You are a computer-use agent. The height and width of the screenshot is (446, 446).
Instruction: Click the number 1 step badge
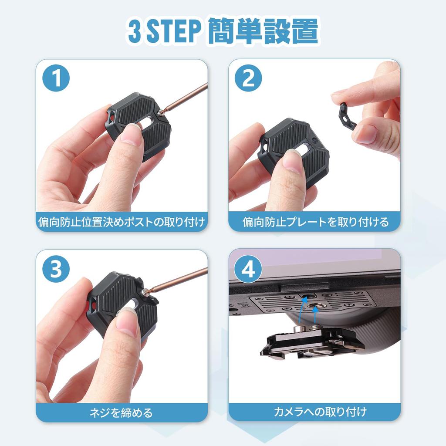pos(56,78)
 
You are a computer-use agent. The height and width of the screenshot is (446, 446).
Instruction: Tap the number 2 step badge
pos(248,78)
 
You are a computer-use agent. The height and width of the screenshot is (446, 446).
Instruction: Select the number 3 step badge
pos(56,270)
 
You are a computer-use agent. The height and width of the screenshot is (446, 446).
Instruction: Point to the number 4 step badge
pos(248,270)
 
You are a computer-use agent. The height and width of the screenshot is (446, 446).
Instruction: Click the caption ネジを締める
pos(121,412)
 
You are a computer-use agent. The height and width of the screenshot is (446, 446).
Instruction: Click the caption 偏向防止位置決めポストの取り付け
pos(121,222)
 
